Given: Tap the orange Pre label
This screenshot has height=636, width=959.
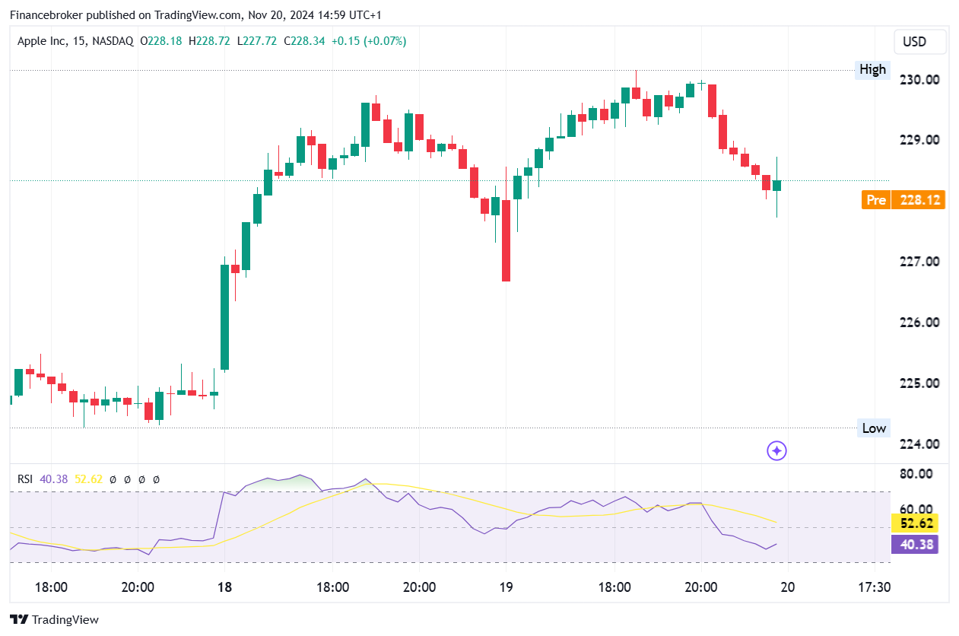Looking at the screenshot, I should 876,200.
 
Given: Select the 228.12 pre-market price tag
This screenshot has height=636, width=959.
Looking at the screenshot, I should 918,200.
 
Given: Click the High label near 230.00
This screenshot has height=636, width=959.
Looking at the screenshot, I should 872,70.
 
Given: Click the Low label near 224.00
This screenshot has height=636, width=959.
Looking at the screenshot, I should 874,428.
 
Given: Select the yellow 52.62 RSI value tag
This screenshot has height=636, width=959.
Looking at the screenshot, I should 917,523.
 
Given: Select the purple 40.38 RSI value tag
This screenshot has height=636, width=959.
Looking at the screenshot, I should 917,544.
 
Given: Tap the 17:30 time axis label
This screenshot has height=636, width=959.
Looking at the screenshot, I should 874,587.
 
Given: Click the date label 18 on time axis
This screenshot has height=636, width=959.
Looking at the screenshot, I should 224,587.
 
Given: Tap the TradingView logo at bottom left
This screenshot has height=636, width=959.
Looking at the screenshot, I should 54,620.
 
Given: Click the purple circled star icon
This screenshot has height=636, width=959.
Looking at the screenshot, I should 776,451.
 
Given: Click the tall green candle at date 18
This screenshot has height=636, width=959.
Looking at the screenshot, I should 225,317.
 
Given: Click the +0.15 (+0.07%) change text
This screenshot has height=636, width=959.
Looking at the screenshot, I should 369,41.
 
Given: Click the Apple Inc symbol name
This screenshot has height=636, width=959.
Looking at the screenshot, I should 43,41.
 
